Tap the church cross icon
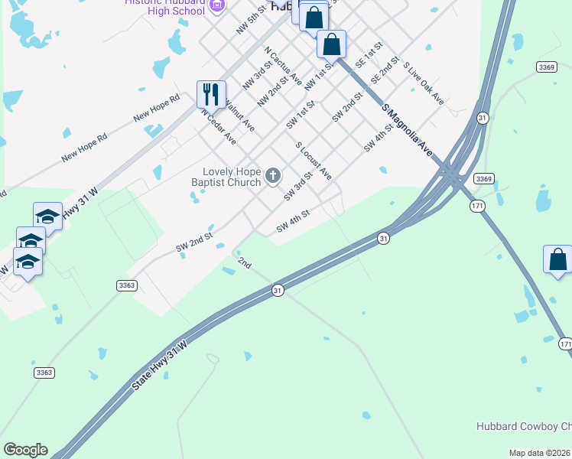273,177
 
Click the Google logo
25,450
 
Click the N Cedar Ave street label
219,126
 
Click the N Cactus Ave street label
283,66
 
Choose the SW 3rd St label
298,187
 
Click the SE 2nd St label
385,70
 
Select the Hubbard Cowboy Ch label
523,427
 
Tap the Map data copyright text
540,453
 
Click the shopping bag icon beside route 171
557,259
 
